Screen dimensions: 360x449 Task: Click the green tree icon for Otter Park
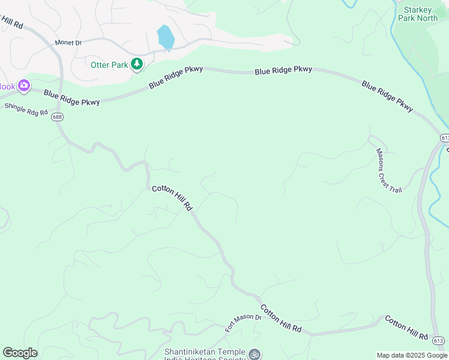[x=137, y=63]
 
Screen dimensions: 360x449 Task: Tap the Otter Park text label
[x=109, y=65]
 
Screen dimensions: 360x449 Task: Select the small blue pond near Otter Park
[x=165, y=37]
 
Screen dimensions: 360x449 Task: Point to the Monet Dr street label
[x=68, y=43]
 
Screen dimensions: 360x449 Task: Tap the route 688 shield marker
[x=57, y=117]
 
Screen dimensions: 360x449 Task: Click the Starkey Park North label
[x=421, y=14]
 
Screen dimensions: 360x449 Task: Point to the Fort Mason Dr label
[x=243, y=323]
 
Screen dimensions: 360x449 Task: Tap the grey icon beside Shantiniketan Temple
[x=255, y=355]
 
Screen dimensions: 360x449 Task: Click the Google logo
[x=20, y=353]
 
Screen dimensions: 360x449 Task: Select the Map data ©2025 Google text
[x=411, y=355]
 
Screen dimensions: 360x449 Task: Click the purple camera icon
[x=24, y=86]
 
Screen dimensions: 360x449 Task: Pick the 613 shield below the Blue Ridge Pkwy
[x=444, y=138]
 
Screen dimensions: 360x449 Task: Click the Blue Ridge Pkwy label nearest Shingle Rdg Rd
[x=71, y=98]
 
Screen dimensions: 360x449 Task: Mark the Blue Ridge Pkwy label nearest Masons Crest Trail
[x=387, y=96]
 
